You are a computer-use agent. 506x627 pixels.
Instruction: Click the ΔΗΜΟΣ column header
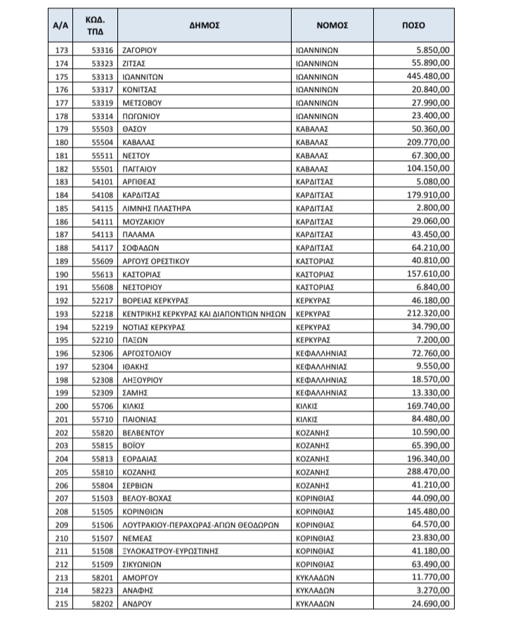pyautogui.click(x=205, y=25)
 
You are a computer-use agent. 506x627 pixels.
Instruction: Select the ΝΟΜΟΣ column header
pyautogui.click(x=333, y=25)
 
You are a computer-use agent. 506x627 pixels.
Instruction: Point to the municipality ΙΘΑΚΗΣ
pyautogui.click(x=138, y=367)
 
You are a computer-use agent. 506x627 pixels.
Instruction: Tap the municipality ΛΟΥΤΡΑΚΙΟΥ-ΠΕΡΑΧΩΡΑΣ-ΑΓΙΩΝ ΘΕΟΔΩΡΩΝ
pyautogui.click(x=202, y=524)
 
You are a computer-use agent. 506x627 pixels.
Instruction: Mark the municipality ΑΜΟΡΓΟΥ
pyautogui.click(x=143, y=578)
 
